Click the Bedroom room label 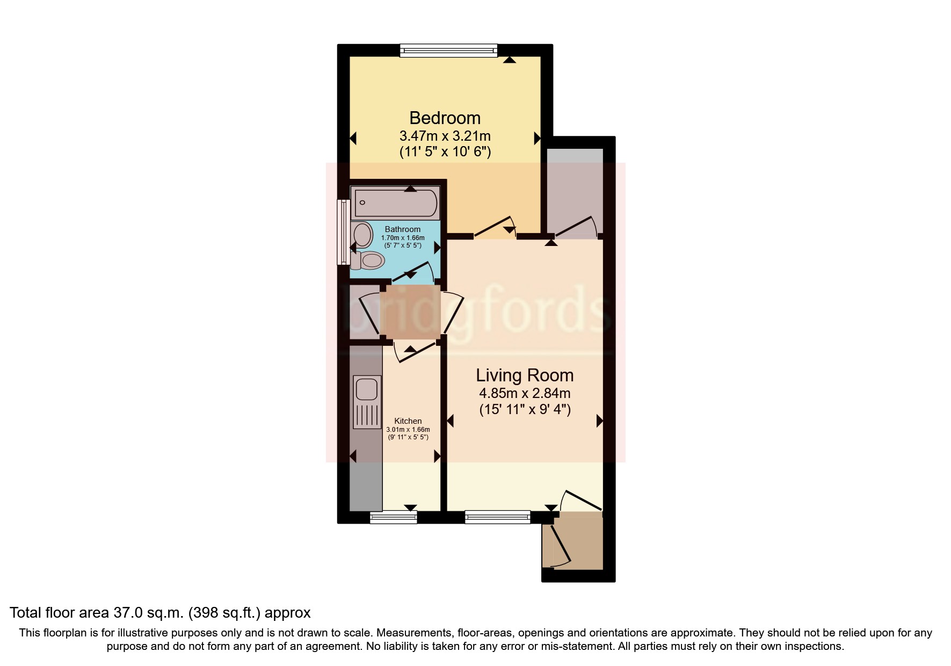click(445, 118)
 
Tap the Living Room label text click(525, 375)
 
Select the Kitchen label click(408, 421)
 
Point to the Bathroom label click(403, 229)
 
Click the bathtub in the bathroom click(396, 203)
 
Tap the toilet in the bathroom click(369, 261)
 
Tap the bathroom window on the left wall click(343, 232)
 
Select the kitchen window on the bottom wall click(394, 517)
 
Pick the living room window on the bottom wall click(497, 517)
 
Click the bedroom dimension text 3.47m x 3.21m click(445, 136)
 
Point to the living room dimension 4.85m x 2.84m click(525, 393)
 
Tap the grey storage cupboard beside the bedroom click(575, 188)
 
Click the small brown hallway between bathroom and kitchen click(410, 312)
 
